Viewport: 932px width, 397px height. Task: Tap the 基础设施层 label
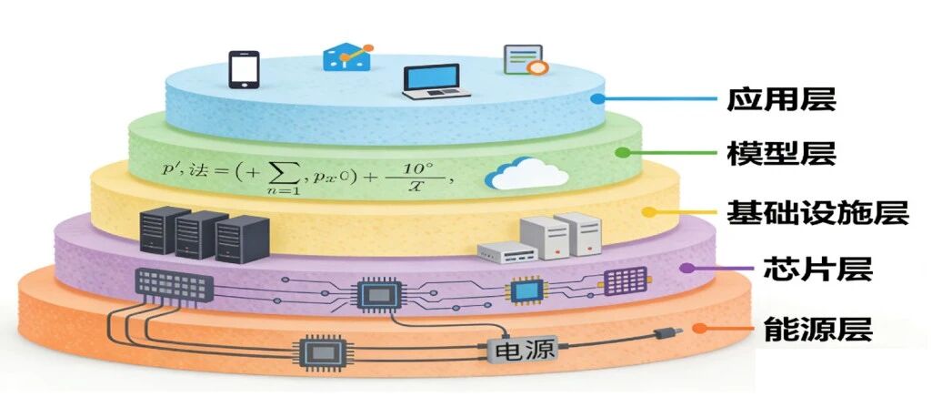pos(817,212)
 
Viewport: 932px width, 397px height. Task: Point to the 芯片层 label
pos(817,269)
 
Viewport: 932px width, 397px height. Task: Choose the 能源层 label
pos(817,328)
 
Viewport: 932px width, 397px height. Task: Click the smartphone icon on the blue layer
pos(244,69)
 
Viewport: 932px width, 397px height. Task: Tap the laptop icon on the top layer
pos(436,82)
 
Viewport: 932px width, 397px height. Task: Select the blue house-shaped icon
pos(347,57)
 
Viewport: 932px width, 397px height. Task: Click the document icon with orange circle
pos(525,60)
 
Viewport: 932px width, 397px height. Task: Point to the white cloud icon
pos(526,173)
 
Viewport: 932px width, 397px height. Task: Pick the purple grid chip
pos(626,281)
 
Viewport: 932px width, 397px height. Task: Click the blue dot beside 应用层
pos(597,99)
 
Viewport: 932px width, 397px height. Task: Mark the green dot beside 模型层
pos(622,152)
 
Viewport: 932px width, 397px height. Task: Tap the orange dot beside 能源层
pos(699,328)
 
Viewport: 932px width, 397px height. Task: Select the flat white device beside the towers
pos(507,252)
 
